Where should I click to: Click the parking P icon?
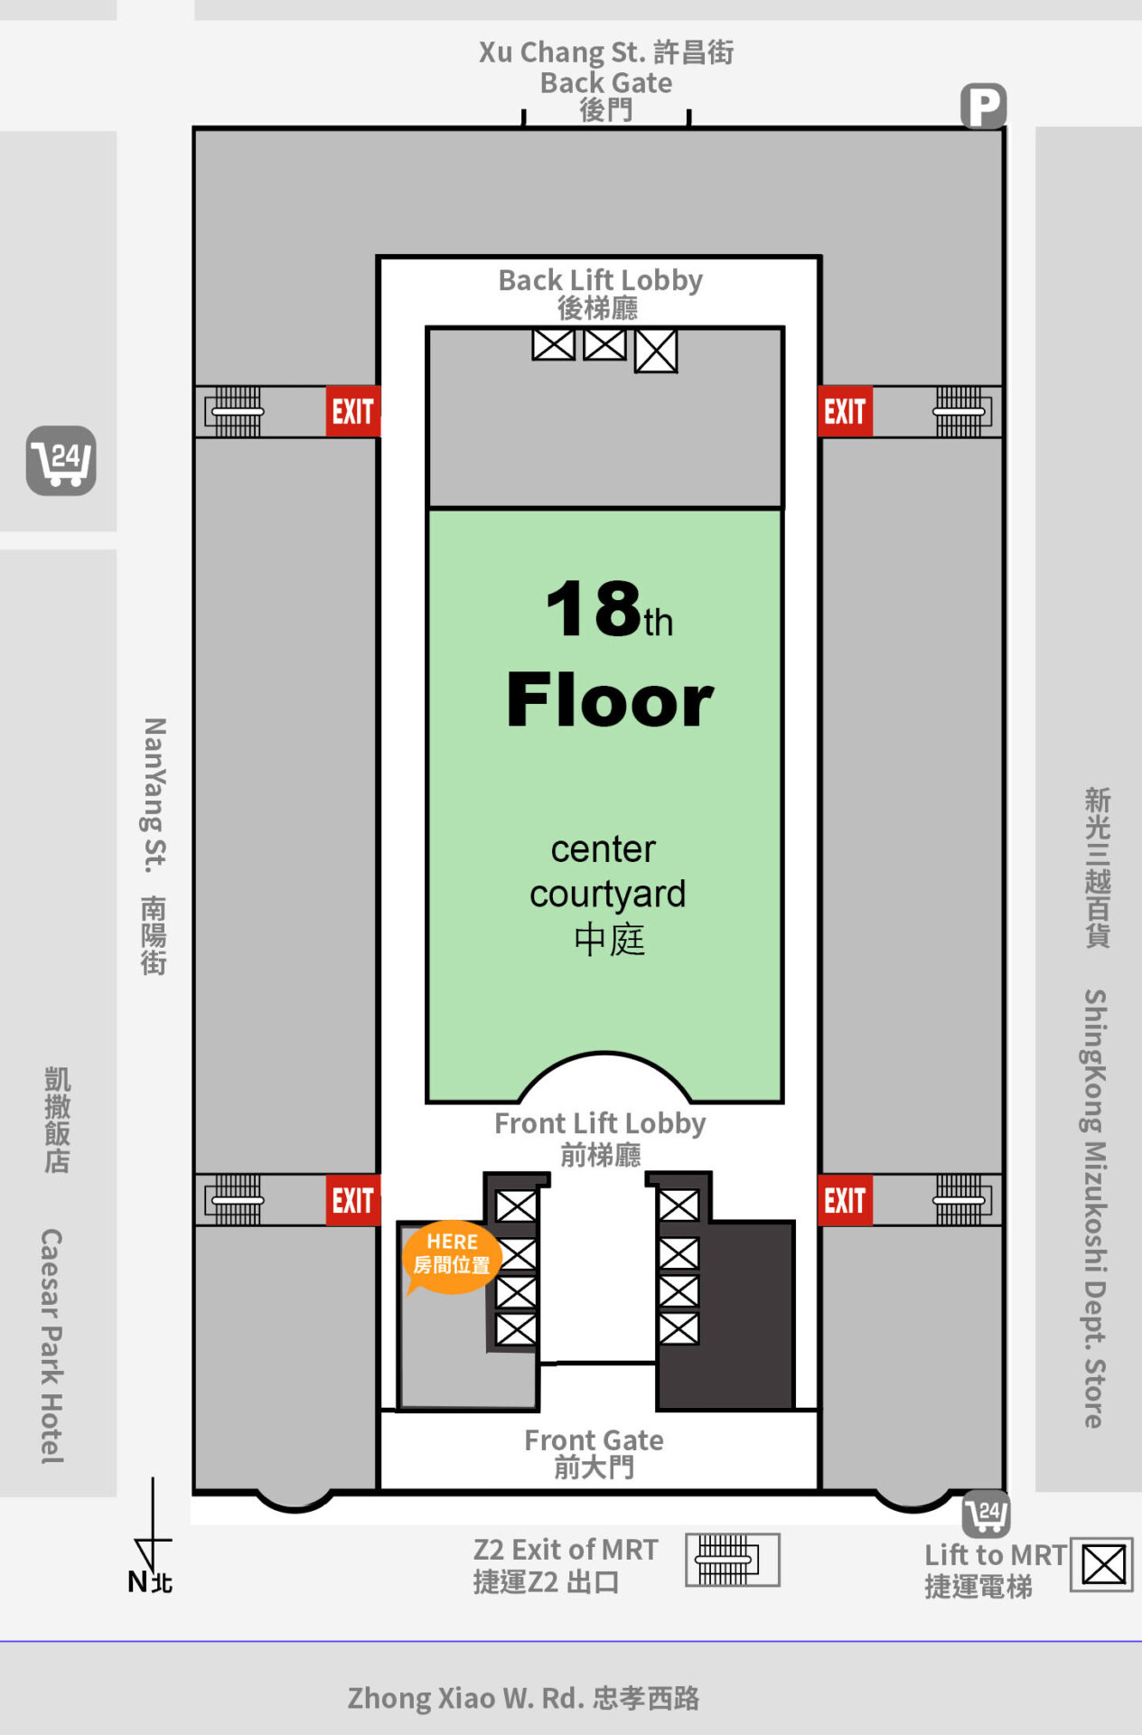983,107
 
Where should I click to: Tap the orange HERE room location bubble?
451,1257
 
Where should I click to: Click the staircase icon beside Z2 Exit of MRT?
732,1560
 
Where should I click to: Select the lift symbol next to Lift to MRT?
1102,1565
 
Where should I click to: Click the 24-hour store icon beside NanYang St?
61,461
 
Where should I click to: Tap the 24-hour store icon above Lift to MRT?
986,1514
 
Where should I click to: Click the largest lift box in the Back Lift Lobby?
656,351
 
